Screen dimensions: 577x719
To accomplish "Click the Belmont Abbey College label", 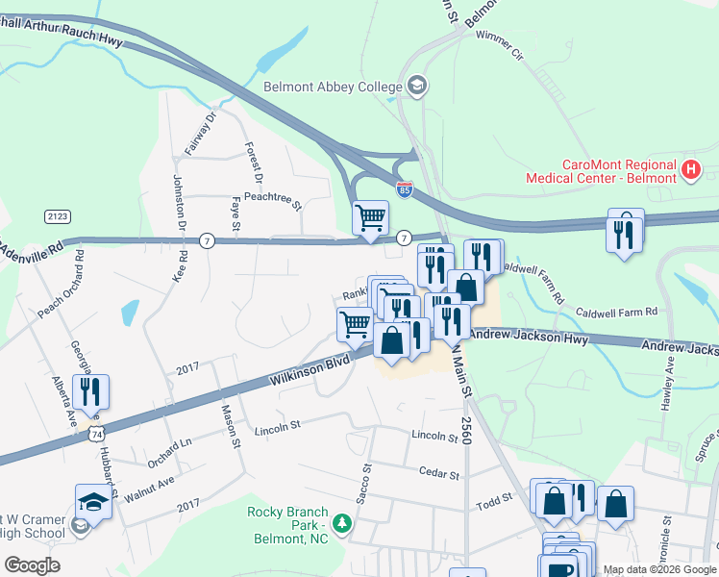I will point(333,88).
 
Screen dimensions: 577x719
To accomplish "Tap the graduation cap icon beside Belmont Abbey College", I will point(416,87).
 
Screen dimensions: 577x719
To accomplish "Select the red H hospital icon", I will point(690,170).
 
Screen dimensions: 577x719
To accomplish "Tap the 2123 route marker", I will point(56,217).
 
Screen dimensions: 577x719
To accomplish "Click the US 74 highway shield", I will point(95,435).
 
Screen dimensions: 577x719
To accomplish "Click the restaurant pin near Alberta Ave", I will point(92,392).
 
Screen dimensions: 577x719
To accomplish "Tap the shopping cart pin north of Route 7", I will point(370,218).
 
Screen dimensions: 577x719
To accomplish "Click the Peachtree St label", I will point(273,205).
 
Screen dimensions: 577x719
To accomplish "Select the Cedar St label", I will point(434,471).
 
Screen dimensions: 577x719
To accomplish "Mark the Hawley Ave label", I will point(665,384).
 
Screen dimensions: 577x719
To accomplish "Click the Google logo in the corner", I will point(32,565).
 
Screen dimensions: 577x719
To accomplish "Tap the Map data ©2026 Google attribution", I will point(658,569).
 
